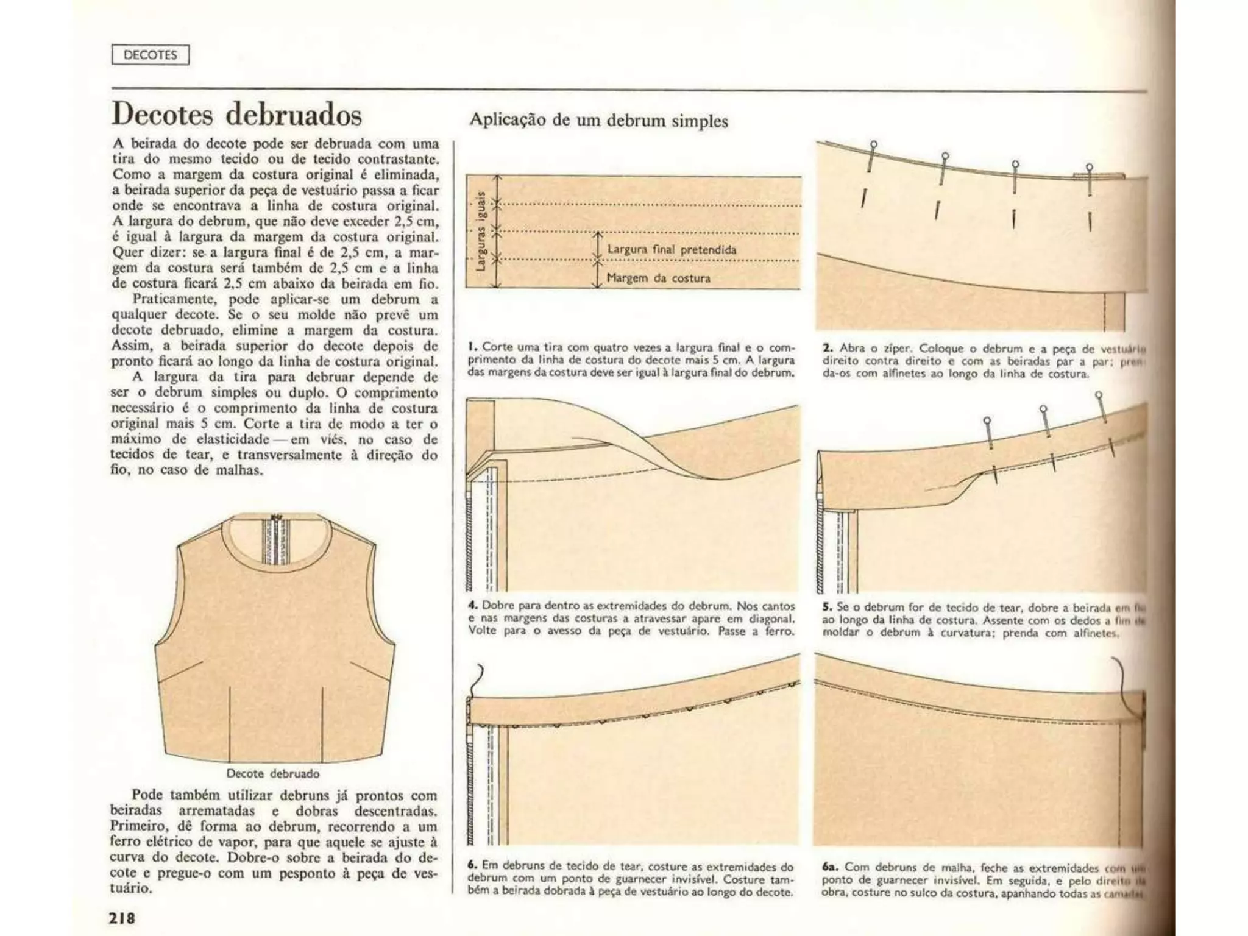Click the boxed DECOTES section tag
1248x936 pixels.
click(150, 55)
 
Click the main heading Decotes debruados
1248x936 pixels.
click(236, 115)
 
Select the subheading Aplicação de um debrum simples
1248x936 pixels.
click(598, 120)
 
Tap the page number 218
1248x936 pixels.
click(122, 917)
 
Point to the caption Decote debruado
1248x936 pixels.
click(272, 773)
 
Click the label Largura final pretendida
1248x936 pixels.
click(672, 249)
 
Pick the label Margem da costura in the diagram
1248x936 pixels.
click(658, 278)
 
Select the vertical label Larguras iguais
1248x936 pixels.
click(481, 230)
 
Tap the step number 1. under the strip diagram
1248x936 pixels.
click(471, 347)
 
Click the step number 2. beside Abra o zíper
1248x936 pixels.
click(828, 348)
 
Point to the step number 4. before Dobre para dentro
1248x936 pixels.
click(472, 606)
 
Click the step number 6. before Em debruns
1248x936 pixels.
click(472, 865)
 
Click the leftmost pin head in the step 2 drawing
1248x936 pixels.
click(874, 144)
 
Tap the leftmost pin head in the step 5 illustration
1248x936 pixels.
click(987, 420)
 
